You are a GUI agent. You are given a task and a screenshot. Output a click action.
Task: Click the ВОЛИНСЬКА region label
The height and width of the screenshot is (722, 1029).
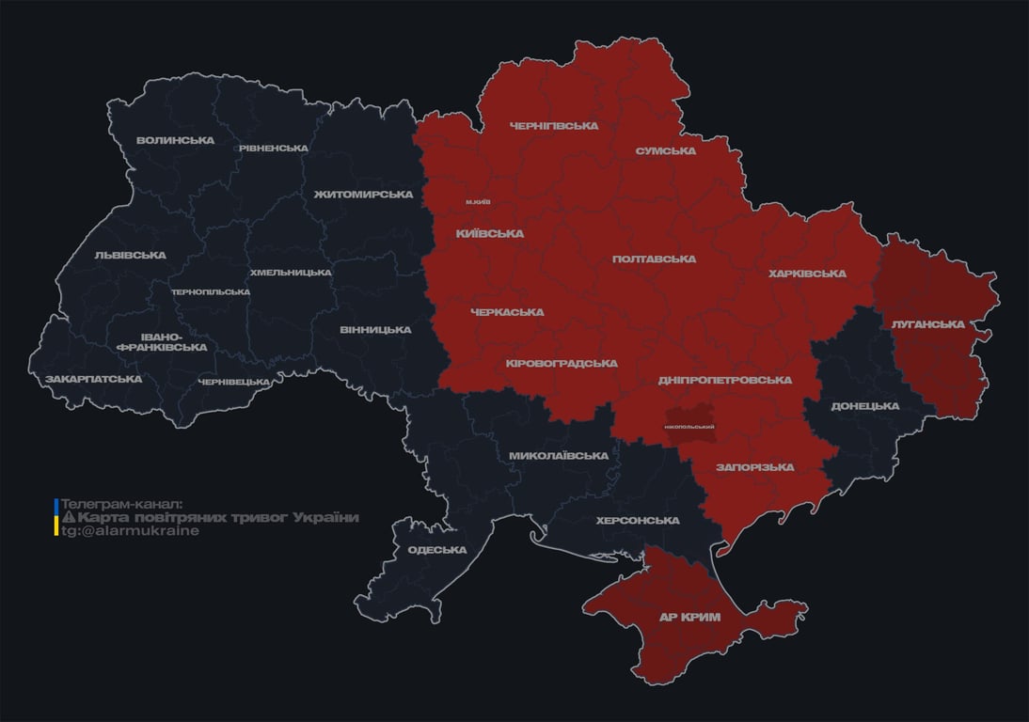point(175,141)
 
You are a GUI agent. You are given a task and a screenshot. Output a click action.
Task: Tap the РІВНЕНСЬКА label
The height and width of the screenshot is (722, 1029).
point(273,149)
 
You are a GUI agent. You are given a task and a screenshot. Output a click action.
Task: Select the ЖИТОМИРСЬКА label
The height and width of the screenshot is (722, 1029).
point(363,195)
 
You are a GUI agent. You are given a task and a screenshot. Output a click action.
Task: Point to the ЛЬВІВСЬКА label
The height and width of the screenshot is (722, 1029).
point(130,256)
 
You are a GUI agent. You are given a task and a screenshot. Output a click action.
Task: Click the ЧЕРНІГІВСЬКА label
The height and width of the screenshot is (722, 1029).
point(554,126)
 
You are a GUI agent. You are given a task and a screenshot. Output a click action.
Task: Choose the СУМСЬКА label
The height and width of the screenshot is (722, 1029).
point(665,151)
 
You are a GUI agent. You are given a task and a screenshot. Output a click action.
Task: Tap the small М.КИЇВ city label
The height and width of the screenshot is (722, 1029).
point(478,202)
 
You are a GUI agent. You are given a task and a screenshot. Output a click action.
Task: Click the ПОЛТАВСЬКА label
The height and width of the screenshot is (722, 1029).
point(654,259)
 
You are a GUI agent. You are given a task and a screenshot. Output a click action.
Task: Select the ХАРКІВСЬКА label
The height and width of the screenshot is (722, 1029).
point(807,275)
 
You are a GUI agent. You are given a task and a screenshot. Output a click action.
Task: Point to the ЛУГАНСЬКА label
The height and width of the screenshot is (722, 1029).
point(928,324)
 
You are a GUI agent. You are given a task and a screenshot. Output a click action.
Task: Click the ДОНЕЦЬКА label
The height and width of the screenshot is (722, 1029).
point(864,406)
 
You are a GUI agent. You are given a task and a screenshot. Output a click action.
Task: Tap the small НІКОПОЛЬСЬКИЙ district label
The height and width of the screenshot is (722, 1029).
point(689,427)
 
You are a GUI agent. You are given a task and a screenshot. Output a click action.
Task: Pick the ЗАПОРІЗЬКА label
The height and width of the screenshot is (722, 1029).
point(754,467)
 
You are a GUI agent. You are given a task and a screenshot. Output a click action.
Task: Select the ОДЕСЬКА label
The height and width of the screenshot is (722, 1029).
point(436,551)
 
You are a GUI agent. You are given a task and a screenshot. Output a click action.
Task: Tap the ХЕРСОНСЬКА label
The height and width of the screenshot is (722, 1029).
point(638,521)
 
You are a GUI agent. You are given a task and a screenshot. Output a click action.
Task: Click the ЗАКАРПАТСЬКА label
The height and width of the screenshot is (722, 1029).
point(93,380)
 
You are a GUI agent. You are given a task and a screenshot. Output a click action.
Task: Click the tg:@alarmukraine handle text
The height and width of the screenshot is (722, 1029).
point(130,531)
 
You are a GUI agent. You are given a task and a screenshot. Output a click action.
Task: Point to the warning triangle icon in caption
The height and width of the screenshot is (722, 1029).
point(68,518)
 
